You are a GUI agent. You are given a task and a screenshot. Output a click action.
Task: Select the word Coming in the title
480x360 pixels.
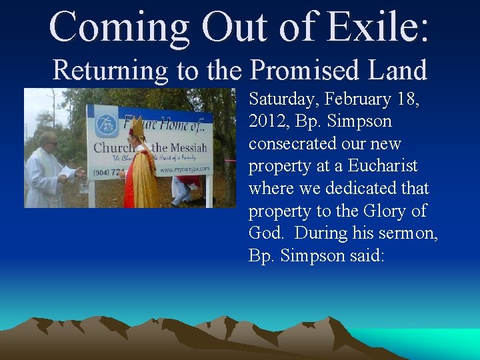point(119,27)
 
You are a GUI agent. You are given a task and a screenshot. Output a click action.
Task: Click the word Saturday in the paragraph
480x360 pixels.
point(287,99)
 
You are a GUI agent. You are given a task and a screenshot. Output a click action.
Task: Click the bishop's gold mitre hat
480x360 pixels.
point(137,127)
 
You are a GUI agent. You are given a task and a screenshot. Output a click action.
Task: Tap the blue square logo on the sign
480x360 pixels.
point(105,123)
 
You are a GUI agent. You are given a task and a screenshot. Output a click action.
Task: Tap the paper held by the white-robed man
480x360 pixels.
point(69,172)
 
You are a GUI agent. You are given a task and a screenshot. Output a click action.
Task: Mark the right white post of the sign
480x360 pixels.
point(209,190)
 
